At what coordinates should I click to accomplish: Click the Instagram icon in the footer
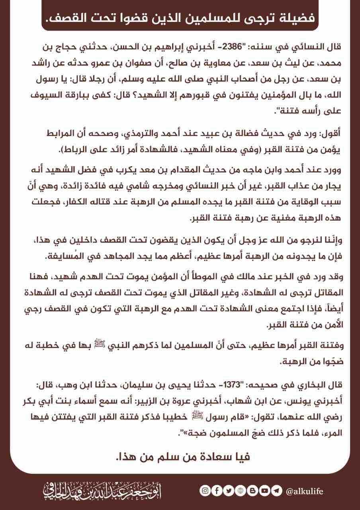point(204,491)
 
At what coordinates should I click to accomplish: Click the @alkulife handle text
point(305,491)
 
